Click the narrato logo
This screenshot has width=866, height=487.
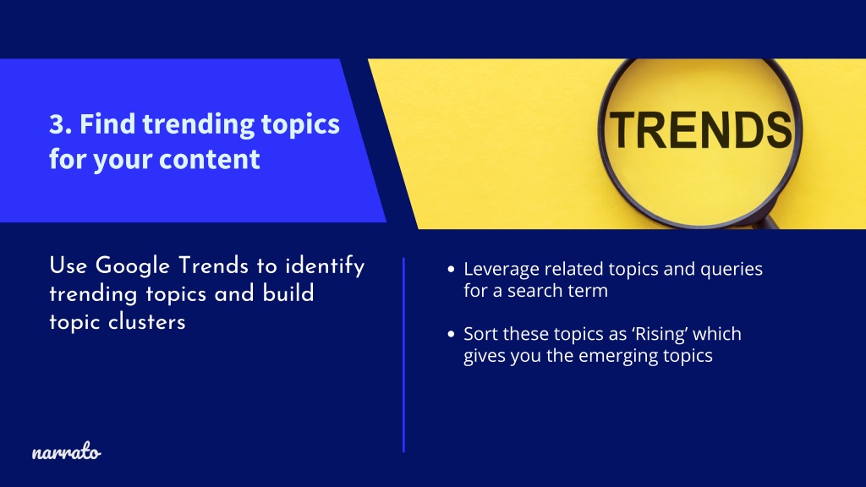point(66,451)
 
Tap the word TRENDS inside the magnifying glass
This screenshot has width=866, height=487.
point(701,129)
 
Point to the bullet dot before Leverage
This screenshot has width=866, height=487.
point(452,270)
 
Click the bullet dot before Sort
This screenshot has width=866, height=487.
point(452,334)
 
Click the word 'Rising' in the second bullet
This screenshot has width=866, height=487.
point(660,334)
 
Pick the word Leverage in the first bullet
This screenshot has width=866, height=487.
point(501,270)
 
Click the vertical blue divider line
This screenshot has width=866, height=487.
point(403,355)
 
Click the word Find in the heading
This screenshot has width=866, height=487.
point(107,124)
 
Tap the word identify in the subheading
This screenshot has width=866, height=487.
point(324,265)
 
